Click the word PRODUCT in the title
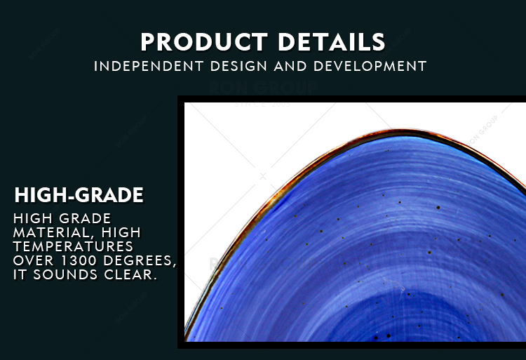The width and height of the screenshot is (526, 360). click(x=204, y=42)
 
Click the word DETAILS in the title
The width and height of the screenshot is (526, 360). click(x=332, y=42)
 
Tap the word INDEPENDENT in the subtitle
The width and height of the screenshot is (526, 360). click(x=149, y=66)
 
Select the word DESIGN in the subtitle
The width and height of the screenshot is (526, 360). click(x=239, y=66)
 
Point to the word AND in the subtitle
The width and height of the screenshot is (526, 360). click(x=290, y=66)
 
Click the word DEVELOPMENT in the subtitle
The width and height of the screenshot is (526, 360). click(x=370, y=66)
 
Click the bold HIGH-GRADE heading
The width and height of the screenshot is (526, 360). click(x=79, y=195)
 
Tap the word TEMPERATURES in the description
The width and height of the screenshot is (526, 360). click(x=73, y=246)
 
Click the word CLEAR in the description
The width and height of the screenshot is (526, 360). click(x=130, y=274)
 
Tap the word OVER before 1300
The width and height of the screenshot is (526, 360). click(x=34, y=260)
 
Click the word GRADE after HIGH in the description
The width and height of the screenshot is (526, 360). click(x=85, y=218)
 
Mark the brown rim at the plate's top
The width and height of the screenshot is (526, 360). click(x=399, y=132)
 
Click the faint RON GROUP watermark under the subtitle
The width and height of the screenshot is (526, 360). click(x=263, y=87)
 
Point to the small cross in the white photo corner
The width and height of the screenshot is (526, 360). click(x=263, y=176)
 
